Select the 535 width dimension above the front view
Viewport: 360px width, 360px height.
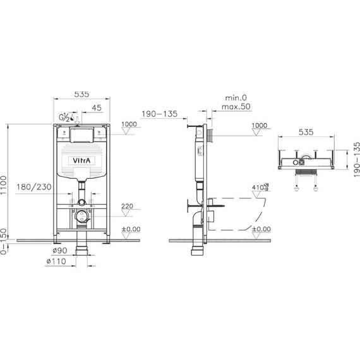click(81, 94)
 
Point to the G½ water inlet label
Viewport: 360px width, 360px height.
click(64, 117)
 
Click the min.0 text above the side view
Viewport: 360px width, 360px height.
click(235, 98)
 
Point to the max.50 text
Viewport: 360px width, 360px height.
click(237, 107)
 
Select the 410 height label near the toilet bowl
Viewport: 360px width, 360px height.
click(256, 188)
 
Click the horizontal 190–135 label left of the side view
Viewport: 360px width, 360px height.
click(159, 115)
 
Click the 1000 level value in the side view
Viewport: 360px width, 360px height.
click(259, 125)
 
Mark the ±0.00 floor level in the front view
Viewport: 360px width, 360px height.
click(130, 229)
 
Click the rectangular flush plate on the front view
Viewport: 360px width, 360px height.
click(81, 134)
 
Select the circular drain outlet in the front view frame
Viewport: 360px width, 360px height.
click(80, 216)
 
